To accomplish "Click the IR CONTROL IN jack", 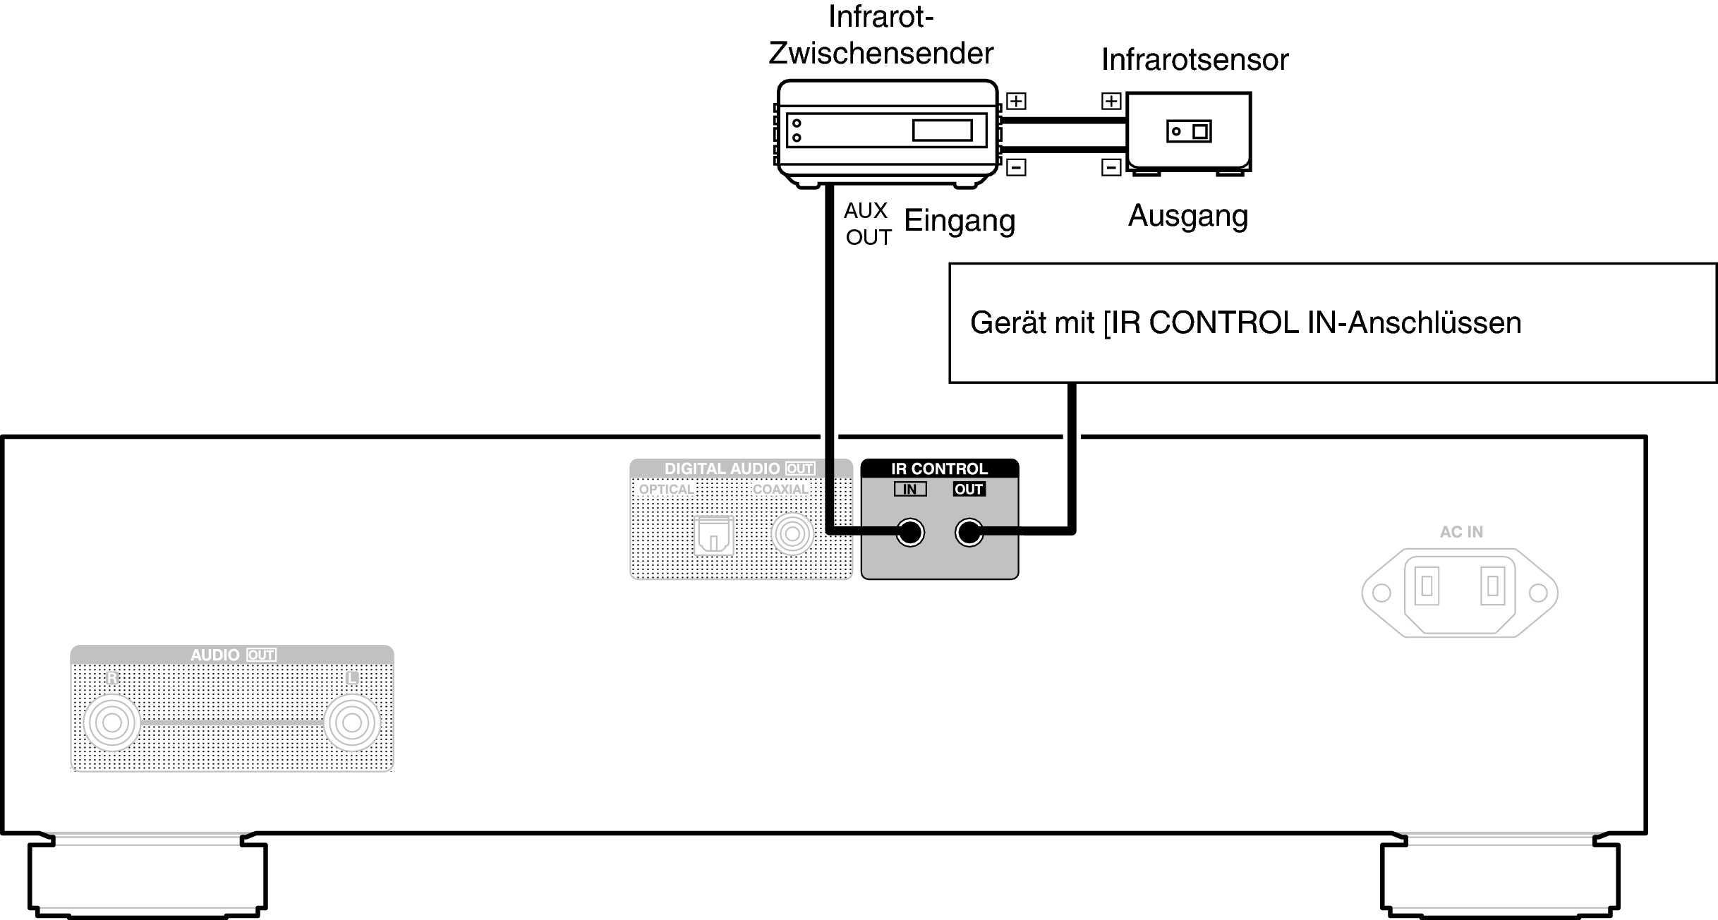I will click(x=909, y=533).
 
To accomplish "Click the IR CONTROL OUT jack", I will click(x=969, y=533).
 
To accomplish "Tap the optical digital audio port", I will click(x=714, y=535).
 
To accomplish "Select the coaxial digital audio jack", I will click(x=792, y=535).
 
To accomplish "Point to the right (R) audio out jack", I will click(x=111, y=723).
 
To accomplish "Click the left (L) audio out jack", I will click(x=351, y=723).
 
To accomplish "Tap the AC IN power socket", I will click(x=1459, y=592).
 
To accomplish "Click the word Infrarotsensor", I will click(x=1194, y=60).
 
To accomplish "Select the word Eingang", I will click(x=960, y=221).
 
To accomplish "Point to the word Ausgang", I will click(x=1188, y=216).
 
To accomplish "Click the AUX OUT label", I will click(x=867, y=224).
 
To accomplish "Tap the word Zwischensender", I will click(x=881, y=53).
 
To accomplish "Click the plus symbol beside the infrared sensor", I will click(x=1111, y=102).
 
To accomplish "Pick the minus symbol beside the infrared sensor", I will click(x=1111, y=168).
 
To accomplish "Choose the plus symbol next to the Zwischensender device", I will click(x=1016, y=102).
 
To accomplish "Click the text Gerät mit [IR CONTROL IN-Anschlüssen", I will click(x=1245, y=323).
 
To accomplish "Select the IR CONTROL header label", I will click(x=939, y=469).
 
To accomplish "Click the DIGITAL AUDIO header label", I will click(x=722, y=469).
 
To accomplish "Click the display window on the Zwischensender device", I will click(x=942, y=131).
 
